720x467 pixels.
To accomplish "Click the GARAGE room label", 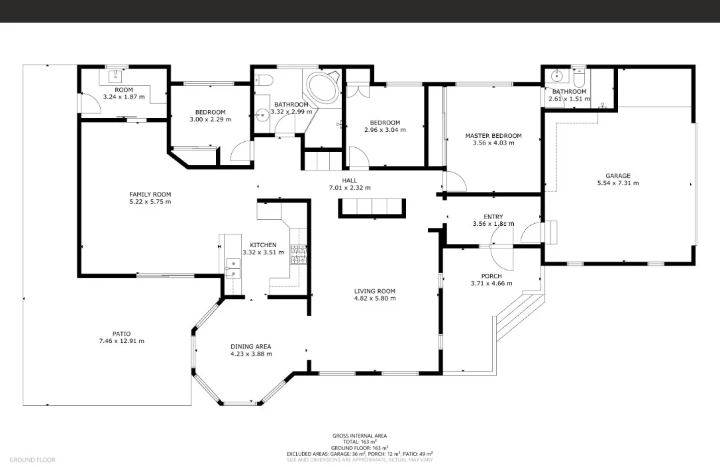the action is [x=617, y=176].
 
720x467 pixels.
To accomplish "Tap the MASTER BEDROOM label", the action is [x=493, y=136].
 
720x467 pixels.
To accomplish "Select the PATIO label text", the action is [x=121, y=334].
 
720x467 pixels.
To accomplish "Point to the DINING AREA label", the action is [x=251, y=347].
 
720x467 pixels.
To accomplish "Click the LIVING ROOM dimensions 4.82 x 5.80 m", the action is [x=375, y=298].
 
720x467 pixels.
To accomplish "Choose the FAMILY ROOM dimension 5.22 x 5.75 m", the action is [x=150, y=201].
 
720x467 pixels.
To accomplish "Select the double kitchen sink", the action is [x=233, y=269].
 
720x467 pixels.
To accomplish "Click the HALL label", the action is [x=349, y=181].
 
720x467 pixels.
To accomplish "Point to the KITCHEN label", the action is [x=263, y=245].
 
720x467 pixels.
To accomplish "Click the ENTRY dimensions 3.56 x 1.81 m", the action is [x=493, y=224].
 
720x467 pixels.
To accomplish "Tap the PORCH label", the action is [x=491, y=276].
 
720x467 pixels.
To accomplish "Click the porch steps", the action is [x=519, y=315].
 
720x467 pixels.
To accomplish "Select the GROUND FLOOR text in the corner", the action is [x=32, y=460].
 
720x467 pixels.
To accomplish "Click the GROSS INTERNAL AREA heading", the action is [x=359, y=436].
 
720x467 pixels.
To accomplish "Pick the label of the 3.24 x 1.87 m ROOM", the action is [x=123, y=90].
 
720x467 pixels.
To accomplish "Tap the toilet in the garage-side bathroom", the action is [x=579, y=79].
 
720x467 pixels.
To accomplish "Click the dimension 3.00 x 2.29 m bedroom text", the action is [x=210, y=119].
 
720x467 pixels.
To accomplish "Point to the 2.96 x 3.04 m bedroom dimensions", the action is [x=385, y=130].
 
